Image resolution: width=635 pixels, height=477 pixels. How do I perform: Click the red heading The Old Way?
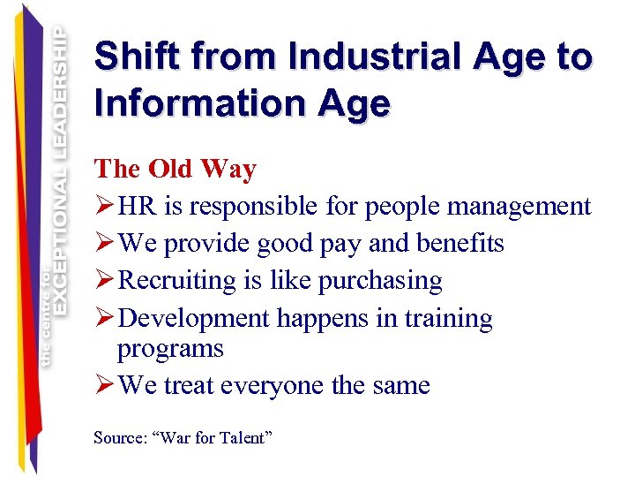pos(175,169)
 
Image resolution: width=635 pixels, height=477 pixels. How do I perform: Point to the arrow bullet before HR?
pos(103,207)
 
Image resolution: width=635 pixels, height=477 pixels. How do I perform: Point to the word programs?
pos(170,349)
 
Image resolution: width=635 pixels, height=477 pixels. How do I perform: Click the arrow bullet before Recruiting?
pos(103,280)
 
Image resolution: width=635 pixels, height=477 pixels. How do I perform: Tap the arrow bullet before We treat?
pos(103,385)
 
